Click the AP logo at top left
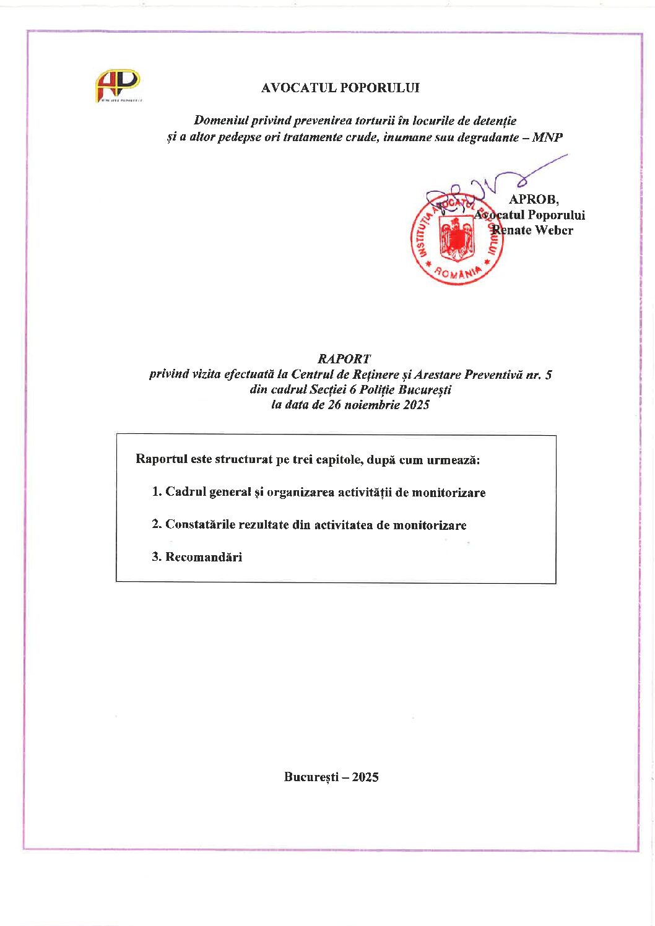coord(118,85)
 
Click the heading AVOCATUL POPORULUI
coord(340,88)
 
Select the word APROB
coord(533,199)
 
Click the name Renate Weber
coord(533,230)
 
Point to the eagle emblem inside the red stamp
coord(457,238)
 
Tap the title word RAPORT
coord(344,358)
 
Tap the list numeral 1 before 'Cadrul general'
coord(155,492)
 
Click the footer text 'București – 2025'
coord(331,777)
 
